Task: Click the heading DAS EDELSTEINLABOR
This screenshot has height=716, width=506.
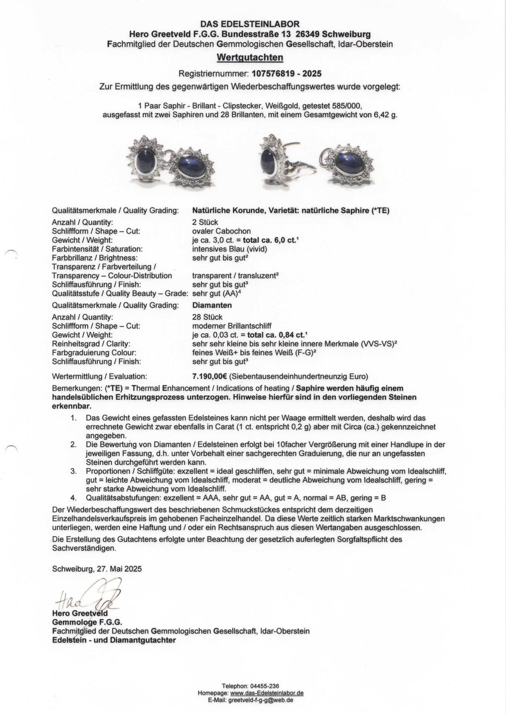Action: coord(250,24)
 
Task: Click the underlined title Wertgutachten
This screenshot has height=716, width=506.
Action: coord(250,57)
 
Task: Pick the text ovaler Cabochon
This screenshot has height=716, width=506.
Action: coord(221,231)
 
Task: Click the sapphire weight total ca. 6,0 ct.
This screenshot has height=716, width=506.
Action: coord(268,240)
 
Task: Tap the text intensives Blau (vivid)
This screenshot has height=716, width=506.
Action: coord(230,249)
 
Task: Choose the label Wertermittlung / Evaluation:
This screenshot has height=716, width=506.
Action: coord(99,376)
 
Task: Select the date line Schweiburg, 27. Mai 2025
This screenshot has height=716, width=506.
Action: coord(97,569)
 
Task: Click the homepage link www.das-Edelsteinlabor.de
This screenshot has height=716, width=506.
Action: coord(267,693)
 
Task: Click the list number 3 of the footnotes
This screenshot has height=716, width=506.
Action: coord(74,471)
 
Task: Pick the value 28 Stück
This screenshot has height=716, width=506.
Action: coord(207,317)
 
